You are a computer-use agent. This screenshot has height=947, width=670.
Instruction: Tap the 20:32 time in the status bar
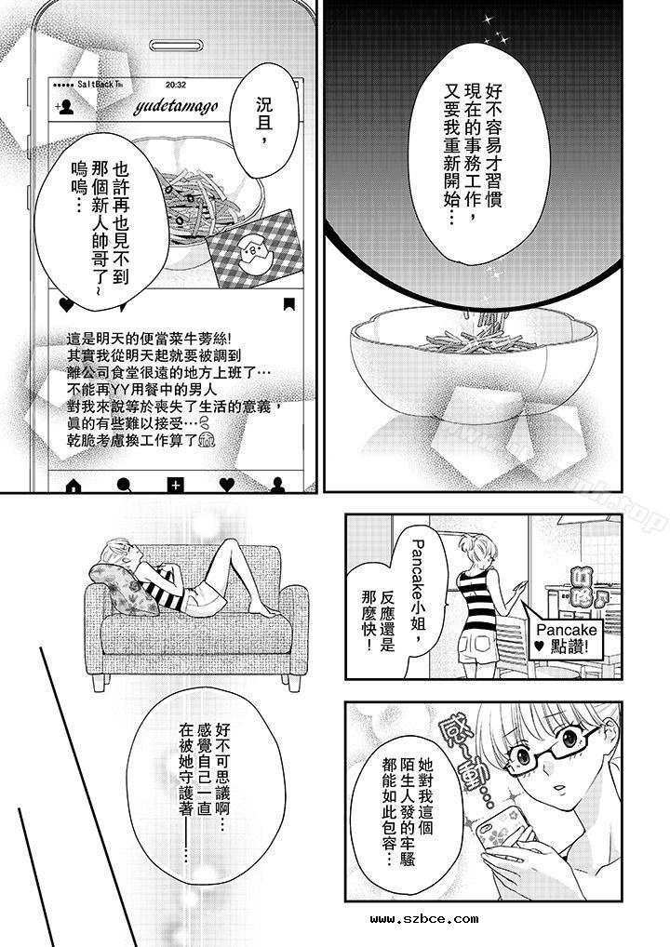[x=175, y=83]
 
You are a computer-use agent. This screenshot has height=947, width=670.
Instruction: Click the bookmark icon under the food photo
[x=289, y=304]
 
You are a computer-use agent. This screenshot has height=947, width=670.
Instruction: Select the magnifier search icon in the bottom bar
[x=123, y=484]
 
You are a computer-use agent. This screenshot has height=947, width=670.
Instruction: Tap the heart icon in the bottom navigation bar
[x=226, y=484]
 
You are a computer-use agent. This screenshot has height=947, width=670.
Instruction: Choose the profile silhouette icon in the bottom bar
[x=277, y=484]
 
